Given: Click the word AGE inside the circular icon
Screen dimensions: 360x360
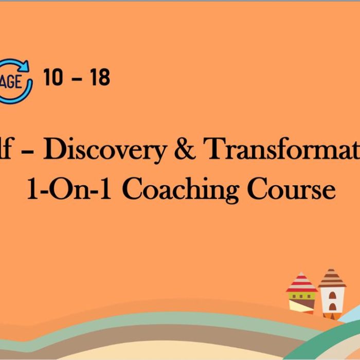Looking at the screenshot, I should [13, 82].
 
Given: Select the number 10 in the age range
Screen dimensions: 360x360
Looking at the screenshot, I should [52, 78].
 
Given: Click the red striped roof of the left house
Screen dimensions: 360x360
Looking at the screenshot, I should [301, 283].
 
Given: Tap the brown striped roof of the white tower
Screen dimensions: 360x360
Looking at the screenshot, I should [332, 278].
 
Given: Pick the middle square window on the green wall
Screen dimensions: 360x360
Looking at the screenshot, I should [301, 296].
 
